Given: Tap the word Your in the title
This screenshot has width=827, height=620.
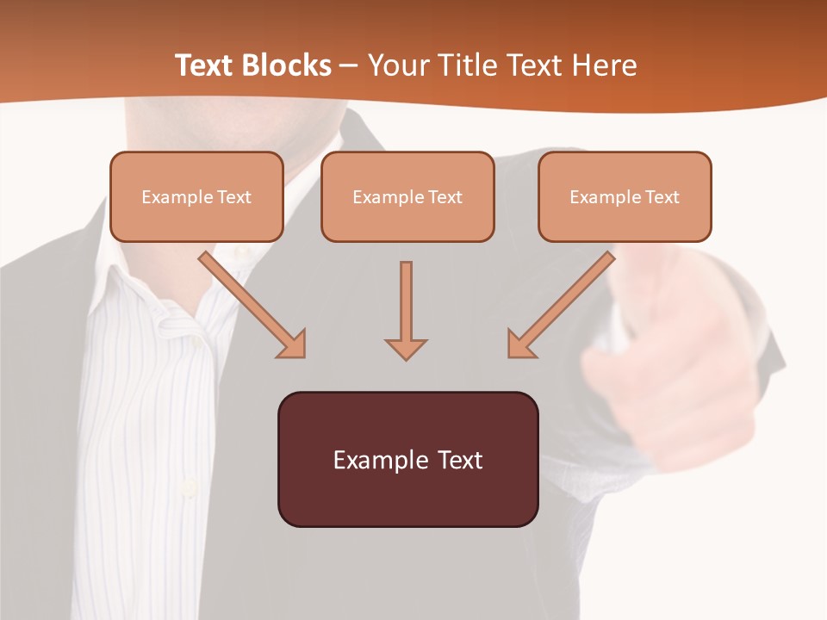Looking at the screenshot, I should tap(401, 65).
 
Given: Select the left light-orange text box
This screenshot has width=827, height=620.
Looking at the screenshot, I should tap(196, 196).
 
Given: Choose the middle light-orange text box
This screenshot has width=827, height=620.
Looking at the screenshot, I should tap(407, 196).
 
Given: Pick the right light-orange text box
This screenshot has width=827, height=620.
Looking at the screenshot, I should tap(625, 196).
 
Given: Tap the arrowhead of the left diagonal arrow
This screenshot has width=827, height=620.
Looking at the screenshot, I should tap(293, 345).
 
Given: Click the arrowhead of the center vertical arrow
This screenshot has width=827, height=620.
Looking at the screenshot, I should tap(406, 349).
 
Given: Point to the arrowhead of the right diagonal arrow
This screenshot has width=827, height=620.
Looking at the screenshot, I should tap(520, 345).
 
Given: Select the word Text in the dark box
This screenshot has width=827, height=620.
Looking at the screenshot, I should tap(461, 460).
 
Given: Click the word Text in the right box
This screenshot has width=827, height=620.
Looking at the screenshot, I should tap(662, 197).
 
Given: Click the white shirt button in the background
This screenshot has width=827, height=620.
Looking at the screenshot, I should tap(187, 489).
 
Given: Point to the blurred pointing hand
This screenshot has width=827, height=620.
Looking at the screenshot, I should tap(655, 362).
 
